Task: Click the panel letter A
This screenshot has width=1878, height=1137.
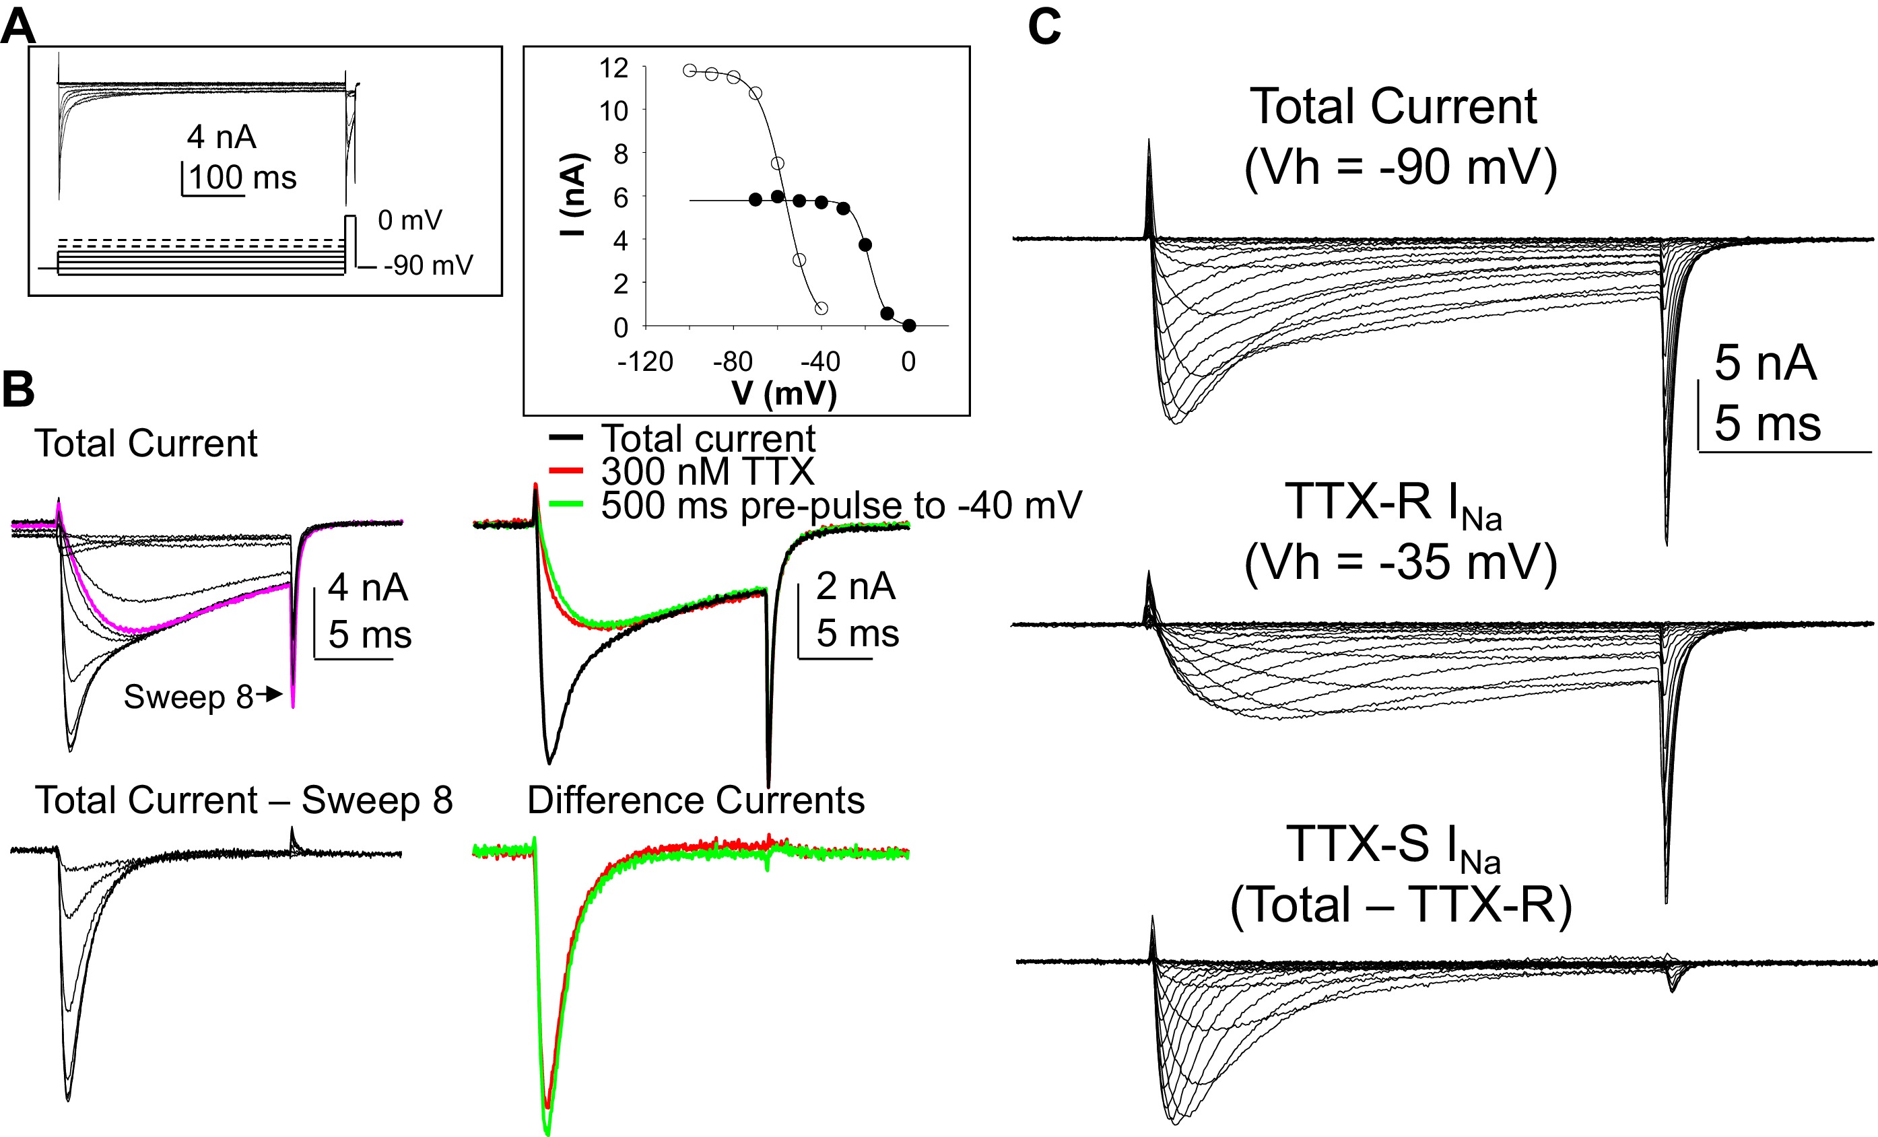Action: pyautogui.click(x=18, y=26)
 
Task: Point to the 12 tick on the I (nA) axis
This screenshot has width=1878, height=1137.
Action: pyautogui.click(x=614, y=68)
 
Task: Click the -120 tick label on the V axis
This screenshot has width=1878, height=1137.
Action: pyautogui.click(x=646, y=361)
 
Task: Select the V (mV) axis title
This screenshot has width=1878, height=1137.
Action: pyautogui.click(x=784, y=393)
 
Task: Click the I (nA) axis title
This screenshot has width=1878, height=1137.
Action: pyautogui.click(x=572, y=195)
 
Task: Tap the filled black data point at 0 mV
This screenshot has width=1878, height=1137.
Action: pyautogui.click(x=908, y=325)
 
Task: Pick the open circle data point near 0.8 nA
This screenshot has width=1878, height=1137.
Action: pyautogui.click(x=821, y=308)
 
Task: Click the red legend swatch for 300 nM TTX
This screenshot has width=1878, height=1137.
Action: pyautogui.click(x=566, y=470)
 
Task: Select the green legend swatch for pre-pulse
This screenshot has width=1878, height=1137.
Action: pyautogui.click(x=566, y=504)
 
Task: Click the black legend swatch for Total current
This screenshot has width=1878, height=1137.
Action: pyautogui.click(x=566, y=438)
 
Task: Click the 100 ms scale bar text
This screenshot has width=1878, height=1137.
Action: pyautogui.click(x=242, y=178)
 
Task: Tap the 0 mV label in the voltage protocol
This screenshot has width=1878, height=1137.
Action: pyautogui.click(x=410, y=220)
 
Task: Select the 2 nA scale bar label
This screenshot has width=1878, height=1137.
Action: pyautogui.click(x=855, y=586)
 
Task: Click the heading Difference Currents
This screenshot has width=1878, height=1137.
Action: pyautogui.click(x=695, y=800)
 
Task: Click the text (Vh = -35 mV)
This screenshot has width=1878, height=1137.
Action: pyautogui.click(x=1400, y=562)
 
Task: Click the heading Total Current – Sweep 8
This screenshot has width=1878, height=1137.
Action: pyautogui.click(x=244, y=800)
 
